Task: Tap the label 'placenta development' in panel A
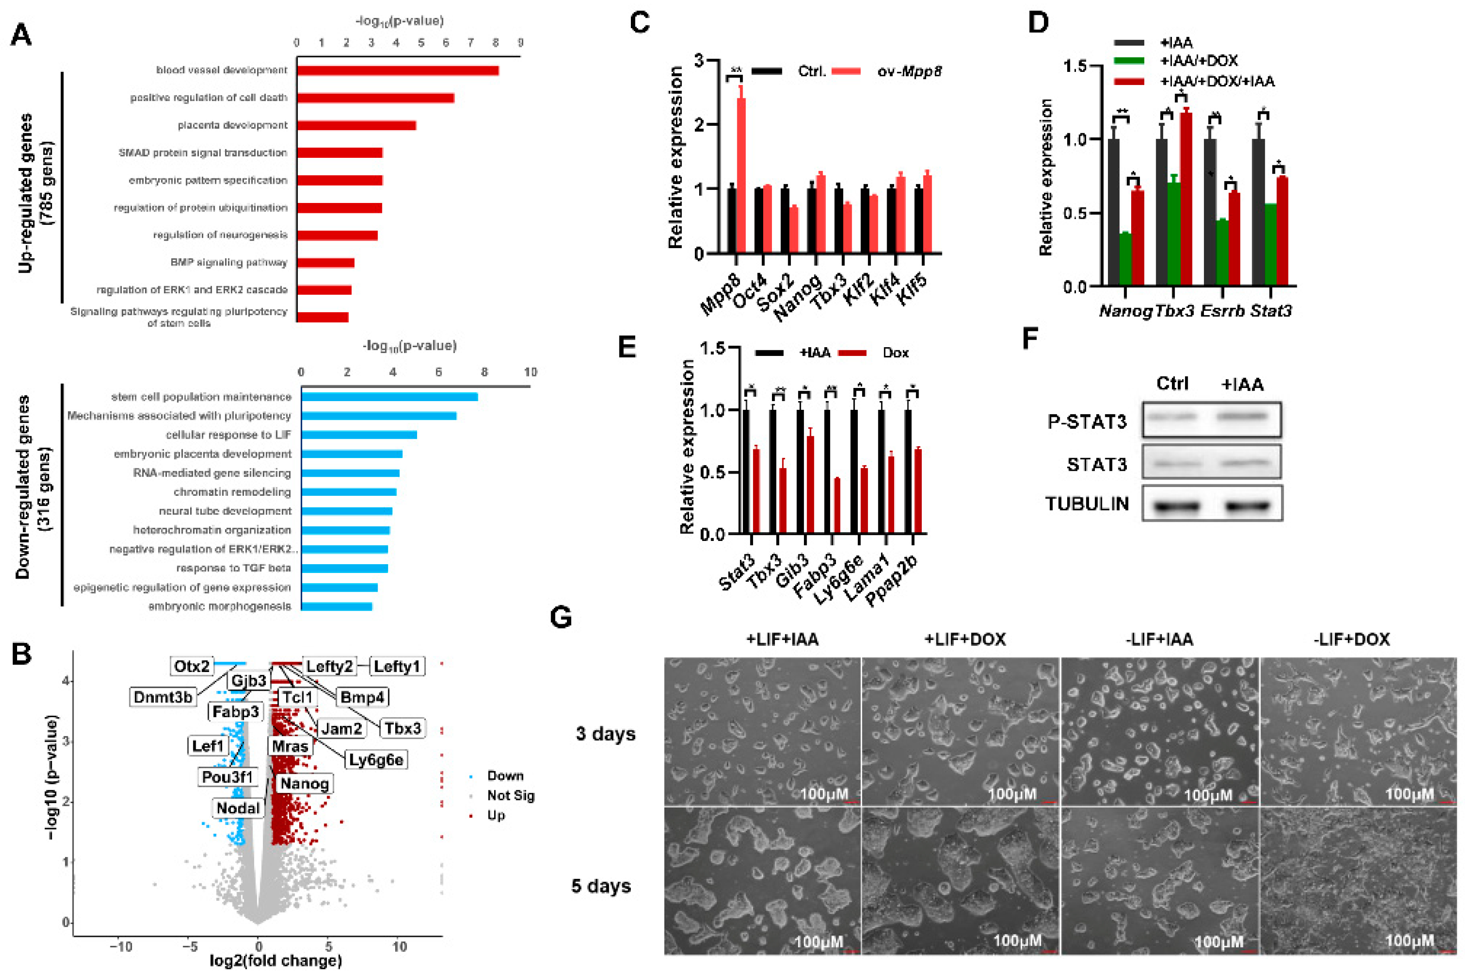(x=233, y=125)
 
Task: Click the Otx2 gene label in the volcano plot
(x=191, y=666)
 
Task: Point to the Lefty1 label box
(x=397, y=666)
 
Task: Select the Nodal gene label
(x=237, y=808)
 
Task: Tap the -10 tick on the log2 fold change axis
(x=120, y=947)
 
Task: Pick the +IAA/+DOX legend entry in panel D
(x=1198, y=61)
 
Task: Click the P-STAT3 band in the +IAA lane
(x=1242, y=416)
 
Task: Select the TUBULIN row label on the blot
(x=1086, y=504)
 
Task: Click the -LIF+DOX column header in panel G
(x=1351, y=639)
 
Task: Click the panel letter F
(x=1030, y=340)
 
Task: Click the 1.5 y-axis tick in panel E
(x=712, y=348)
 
